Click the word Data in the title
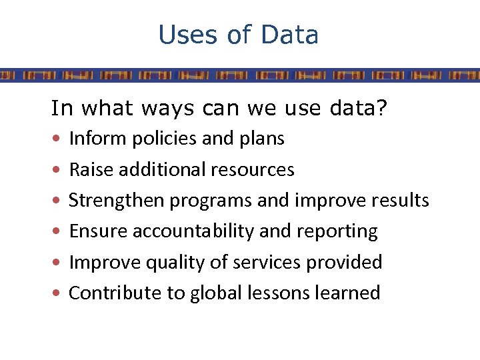(x=291, y=35)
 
